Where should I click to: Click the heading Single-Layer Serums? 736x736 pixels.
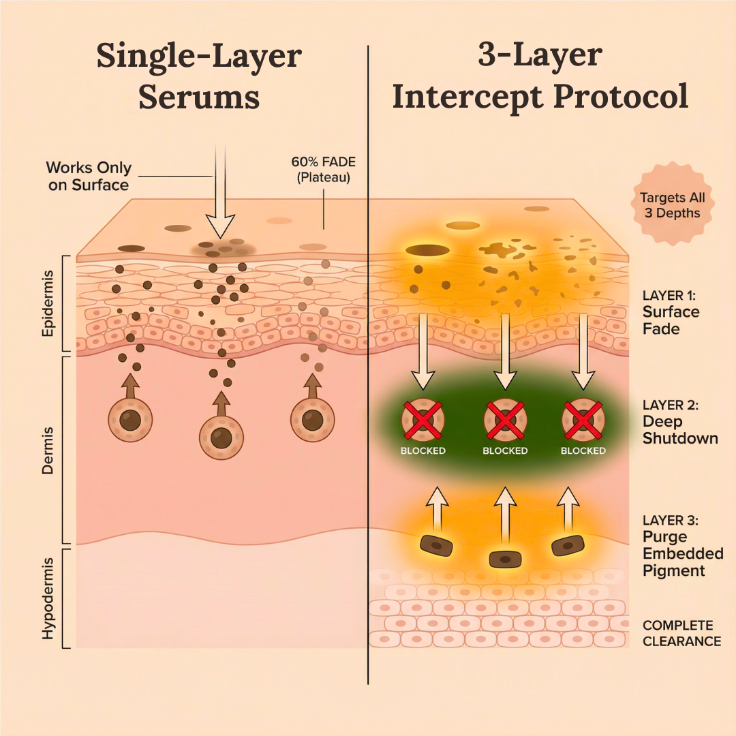[x=198, y=76]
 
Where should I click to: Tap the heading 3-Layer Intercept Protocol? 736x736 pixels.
[x=540, y=76]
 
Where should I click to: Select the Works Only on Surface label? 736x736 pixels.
[x=89, y=176]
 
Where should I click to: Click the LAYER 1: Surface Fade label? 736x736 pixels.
[x=671, y=312]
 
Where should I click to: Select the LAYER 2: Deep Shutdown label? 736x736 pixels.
[x=680, y=421]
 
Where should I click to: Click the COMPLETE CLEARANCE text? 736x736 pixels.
[x=681, y=633]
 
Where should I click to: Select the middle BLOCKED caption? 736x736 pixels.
[x=505, y=450]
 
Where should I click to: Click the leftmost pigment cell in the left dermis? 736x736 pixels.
[x=129, y=420]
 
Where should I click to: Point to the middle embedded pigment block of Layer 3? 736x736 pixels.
[x=505, y=558]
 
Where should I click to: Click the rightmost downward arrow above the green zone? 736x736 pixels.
[x=583, y=351]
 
